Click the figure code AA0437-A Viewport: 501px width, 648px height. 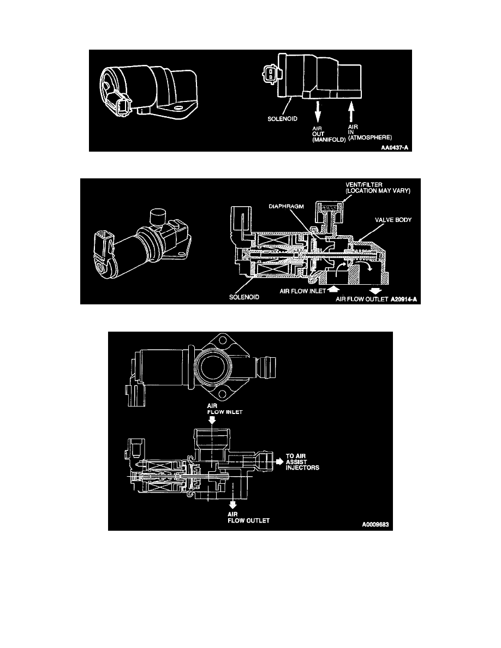[x=395, y=147]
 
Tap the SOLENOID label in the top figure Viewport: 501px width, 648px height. [x=282, y=118]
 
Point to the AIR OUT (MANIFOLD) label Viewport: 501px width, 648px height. [x=329, y=134]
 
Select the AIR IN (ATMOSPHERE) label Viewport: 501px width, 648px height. [x=370, y=132]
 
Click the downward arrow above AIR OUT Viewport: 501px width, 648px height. [x=318, y=110]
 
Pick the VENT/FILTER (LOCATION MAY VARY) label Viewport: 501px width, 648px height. [x=378, y=188]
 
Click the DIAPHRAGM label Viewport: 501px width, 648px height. [x=286, y=206]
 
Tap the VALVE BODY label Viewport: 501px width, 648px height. [x=393, y=220]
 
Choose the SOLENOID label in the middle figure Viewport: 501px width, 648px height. [x=244, y=297]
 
